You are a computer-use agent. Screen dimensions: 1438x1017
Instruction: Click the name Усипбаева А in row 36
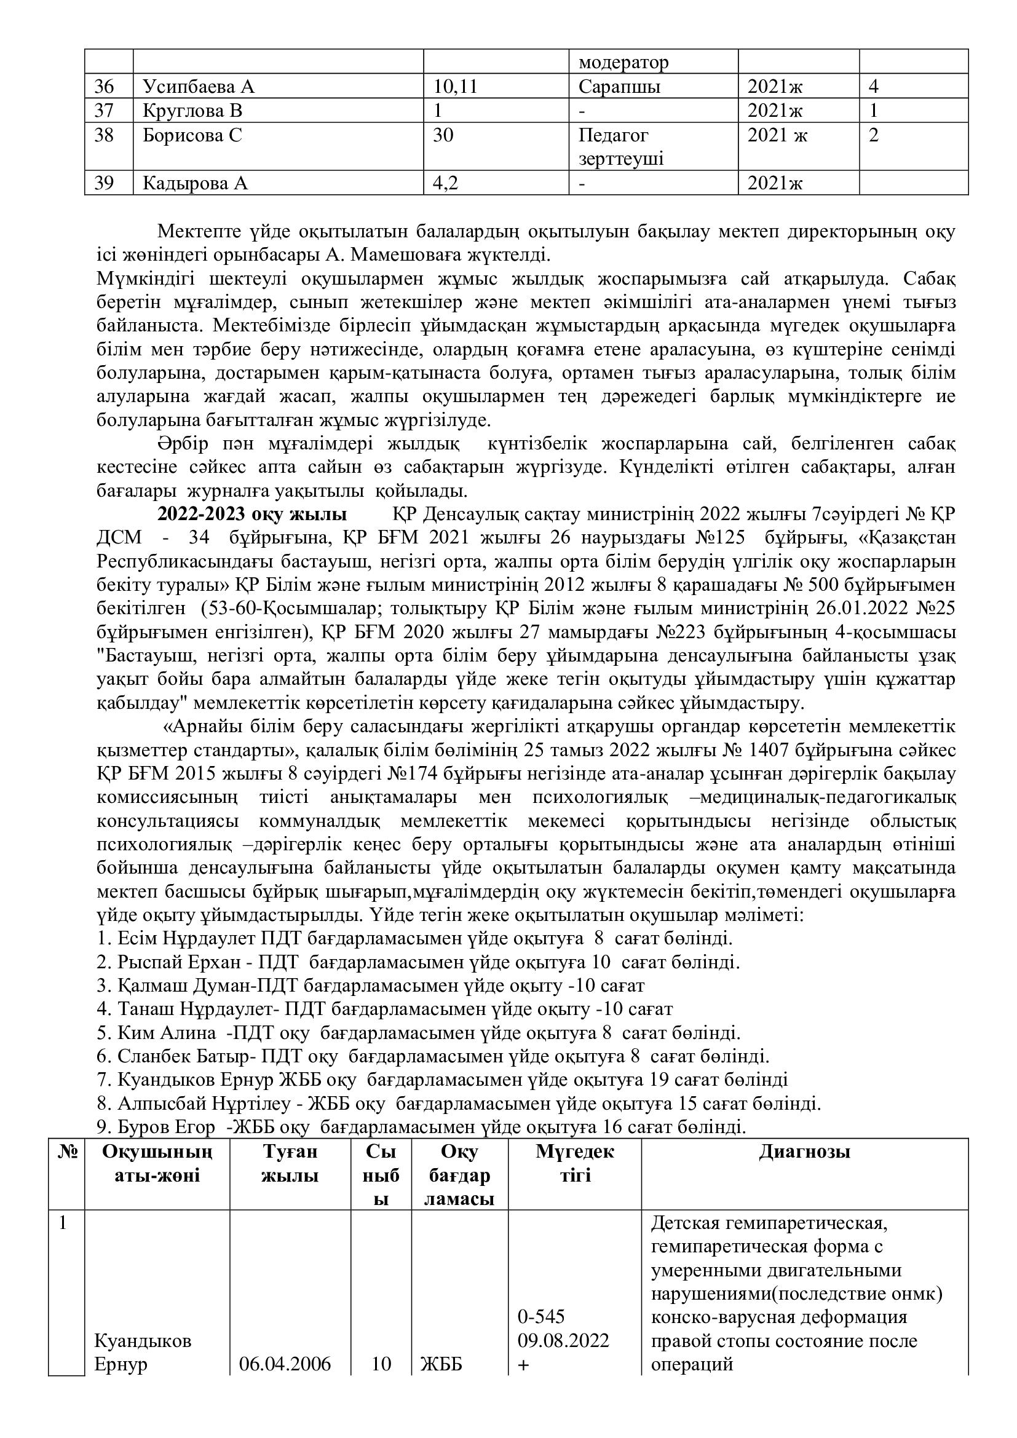(199, 87)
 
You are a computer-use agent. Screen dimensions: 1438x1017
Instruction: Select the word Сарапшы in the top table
(619, 87)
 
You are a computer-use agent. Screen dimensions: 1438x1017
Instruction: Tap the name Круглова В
(192, 111)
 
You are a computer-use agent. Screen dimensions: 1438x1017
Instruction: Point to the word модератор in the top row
(623, 63)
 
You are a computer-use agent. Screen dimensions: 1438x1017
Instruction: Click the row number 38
(104, 135)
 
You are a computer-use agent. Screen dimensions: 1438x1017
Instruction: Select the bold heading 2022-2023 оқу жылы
(251, 515)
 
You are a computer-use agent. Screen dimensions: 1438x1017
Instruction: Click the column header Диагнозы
(804, 1152)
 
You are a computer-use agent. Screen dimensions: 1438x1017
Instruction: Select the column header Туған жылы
(290, 1164)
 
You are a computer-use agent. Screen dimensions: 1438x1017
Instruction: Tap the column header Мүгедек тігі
(575, 1164)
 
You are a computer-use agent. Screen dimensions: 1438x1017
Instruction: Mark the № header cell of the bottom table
(66, 1152)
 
